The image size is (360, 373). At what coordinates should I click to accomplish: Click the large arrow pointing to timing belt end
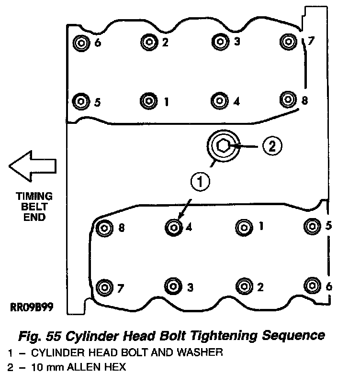click(x=32, y=166)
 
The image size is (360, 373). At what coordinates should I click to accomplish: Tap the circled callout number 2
click(x=272, y=146)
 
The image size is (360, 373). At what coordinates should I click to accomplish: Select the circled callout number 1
click(x=200, y=182)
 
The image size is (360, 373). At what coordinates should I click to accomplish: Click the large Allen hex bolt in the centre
click(x=224, y=146)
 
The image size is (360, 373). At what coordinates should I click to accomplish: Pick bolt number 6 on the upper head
click(x=81, y=44)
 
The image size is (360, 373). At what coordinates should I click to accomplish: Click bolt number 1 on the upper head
click(x=149, y=101)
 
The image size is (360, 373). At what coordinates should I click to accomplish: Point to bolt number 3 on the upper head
click(x=220, y=42)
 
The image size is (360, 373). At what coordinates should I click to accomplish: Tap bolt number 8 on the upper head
click(x=288, y=99)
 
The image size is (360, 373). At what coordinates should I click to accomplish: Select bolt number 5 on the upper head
click(x=81, y=101)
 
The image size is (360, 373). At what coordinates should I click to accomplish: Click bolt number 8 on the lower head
click(x=104, y=228)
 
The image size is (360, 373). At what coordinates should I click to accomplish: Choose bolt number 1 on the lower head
click(x=244, y=228)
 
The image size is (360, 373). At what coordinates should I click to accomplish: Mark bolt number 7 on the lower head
click(x=104, y=287)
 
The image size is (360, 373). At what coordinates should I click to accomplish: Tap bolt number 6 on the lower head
click(x=313, y=285)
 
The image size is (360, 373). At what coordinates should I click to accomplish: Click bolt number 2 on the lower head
click(x=244, y=286)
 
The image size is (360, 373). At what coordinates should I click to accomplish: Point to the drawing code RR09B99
click(x=32, y=307)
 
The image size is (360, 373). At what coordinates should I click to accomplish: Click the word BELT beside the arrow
click(x=34, y=207)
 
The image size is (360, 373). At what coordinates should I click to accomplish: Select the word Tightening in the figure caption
click(x=224, y=336)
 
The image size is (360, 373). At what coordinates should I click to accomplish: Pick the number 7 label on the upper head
click(x=311, y=41)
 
